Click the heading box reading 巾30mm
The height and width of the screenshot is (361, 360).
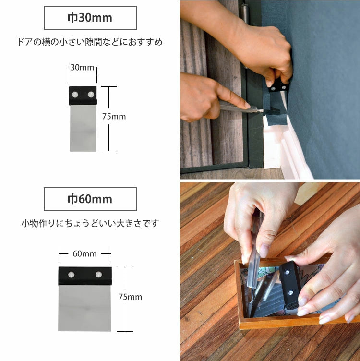click(x=90, y=18)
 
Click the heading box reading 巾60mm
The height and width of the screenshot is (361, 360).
click(x=90, y=199)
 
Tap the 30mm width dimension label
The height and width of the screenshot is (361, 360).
click(x=83, y=68)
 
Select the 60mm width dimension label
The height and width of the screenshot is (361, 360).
click(x=85, y=253)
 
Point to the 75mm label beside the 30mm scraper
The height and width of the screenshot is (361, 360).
click(x=114, y=117)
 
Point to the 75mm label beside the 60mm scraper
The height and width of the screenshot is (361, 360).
click(x=131, y=297)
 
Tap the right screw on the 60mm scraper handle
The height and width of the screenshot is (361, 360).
click(x=98, y=275)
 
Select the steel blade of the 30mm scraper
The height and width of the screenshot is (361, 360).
click(x=83, y=128)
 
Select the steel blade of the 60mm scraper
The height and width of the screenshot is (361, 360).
click(x=84, y=307)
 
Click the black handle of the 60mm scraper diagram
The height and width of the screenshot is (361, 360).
click(x=84, y=276)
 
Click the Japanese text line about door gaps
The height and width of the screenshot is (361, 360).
click(x=90, y=42)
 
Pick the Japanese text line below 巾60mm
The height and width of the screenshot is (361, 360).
click(x=90, y=223)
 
